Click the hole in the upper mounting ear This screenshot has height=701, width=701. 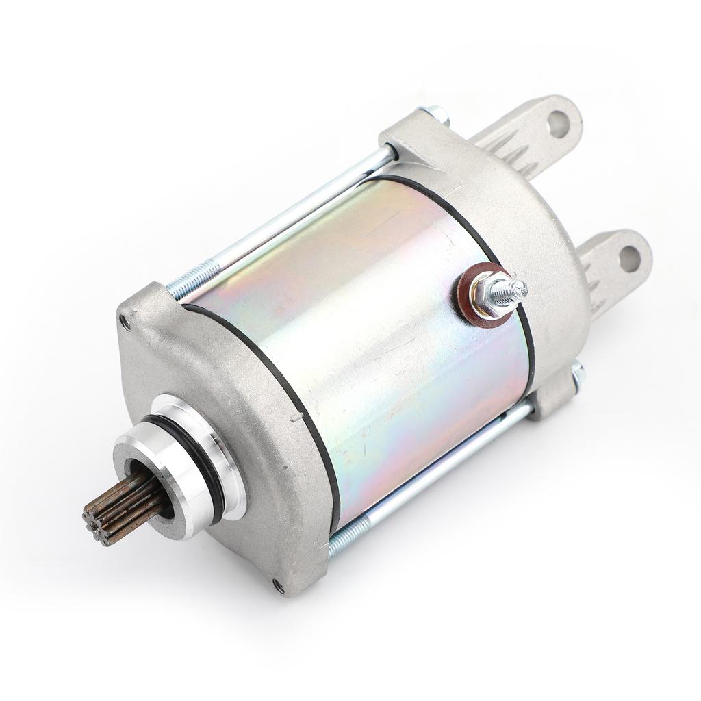558,124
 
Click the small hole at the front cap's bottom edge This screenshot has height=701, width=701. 278,586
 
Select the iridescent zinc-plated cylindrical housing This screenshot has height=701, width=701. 383,342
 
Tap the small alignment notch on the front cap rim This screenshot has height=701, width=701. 296,416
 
